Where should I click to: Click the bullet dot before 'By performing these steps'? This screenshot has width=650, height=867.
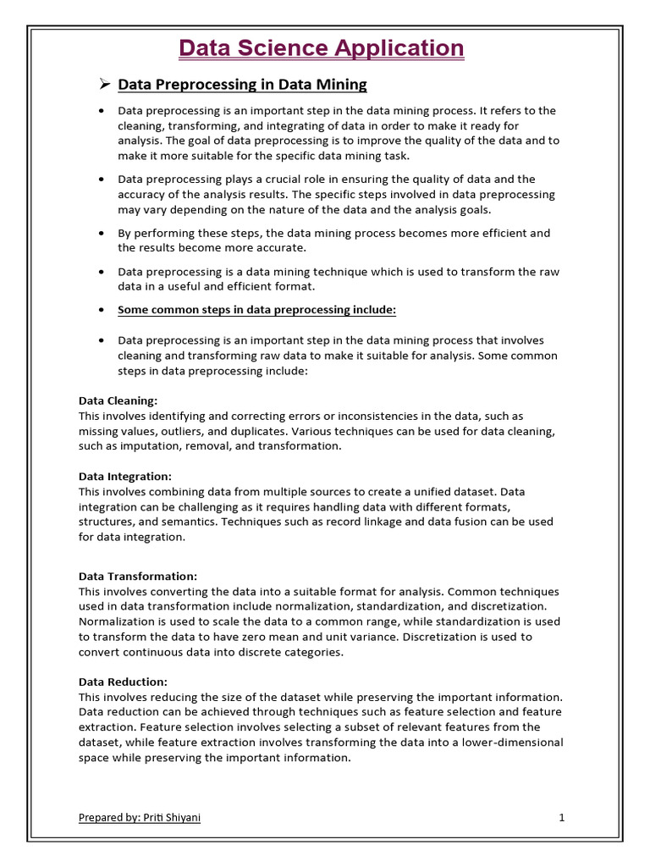pyautogui.click(x=102, y=233)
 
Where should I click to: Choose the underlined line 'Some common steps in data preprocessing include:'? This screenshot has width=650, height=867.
pyautogui.click(x=256, y=310)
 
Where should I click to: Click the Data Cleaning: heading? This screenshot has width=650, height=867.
pyautogui.click(x=118, y=400)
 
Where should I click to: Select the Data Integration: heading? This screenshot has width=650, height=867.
pyautogui.click(x=125, y=477)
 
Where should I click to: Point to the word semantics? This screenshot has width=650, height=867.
pyautogui.click(x=190, y=522)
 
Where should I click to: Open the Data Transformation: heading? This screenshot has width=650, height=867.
pyautogui.click(x=137, y=576)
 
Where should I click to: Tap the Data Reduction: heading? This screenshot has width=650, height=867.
pyautogui.click(x=123, y=682)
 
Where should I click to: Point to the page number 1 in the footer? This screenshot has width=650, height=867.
pyautogui.click(x=561, y=818)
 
